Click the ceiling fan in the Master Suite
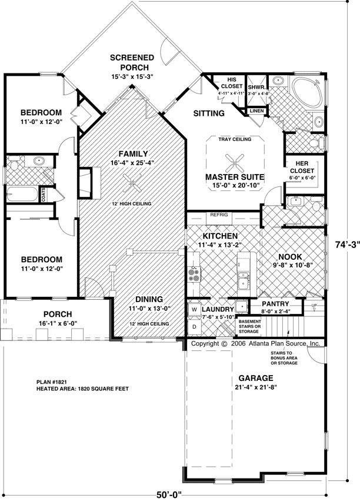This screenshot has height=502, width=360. point(235,163)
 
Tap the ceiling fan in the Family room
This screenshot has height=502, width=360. point(132,183)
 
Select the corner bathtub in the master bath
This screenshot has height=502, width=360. point(306,92)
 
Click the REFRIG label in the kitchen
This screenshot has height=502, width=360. point(219,215)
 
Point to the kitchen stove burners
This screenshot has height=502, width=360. point(194,275)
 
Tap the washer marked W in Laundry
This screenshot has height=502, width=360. point(194,309)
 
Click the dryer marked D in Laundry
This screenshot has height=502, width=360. point(194,327)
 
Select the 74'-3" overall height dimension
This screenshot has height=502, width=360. point(348,245)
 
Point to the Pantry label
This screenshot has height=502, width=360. point(275,303)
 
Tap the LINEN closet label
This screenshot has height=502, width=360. point(256,111)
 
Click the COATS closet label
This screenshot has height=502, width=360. point(43,195)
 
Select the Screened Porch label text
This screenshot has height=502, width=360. point(132,62)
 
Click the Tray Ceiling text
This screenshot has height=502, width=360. point(235,139)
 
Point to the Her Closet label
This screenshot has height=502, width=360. point(302,167)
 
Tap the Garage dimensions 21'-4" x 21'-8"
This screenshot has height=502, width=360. point(255,387)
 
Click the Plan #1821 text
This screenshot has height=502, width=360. point(52,382)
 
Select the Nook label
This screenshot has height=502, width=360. point(290,256)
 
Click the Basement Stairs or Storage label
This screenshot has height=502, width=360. point(250,326)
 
